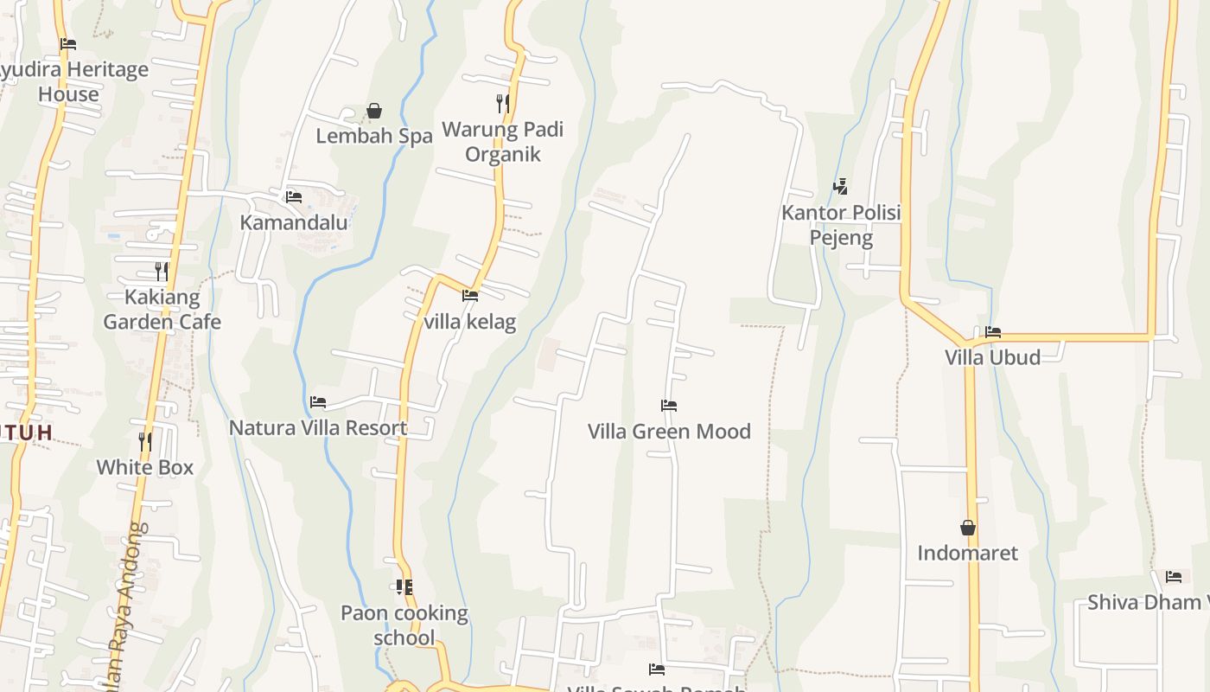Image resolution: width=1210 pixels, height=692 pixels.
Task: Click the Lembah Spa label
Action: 373,136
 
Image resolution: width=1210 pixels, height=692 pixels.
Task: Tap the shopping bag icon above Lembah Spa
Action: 374,111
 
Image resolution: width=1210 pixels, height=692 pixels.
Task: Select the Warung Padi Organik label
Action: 502,142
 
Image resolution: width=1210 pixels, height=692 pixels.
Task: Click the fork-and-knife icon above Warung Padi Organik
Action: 502,104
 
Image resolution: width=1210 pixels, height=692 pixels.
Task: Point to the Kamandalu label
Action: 294,222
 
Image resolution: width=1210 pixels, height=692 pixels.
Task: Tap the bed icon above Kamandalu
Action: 294,197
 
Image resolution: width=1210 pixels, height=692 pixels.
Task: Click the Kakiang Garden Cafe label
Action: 162,310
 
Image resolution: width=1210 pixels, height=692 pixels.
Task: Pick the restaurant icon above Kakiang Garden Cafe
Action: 162,272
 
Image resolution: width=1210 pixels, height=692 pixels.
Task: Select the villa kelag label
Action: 470,322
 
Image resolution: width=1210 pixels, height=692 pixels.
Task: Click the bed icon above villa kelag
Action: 470,296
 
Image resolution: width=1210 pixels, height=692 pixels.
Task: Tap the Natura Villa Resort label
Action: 318,427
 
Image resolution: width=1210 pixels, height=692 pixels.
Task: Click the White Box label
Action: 144,467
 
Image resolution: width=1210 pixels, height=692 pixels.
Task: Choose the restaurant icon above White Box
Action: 145,442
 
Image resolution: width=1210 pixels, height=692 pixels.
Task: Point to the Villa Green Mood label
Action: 669,431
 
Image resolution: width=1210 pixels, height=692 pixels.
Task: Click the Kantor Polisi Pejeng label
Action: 841,225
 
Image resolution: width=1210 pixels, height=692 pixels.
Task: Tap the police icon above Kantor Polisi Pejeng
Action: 840,186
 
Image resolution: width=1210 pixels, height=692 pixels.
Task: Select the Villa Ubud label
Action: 992,357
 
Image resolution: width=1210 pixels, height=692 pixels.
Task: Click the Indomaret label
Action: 967,553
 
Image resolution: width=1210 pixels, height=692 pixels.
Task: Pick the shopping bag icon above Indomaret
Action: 968,528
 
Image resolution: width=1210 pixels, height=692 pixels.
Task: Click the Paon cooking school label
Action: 404,625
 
